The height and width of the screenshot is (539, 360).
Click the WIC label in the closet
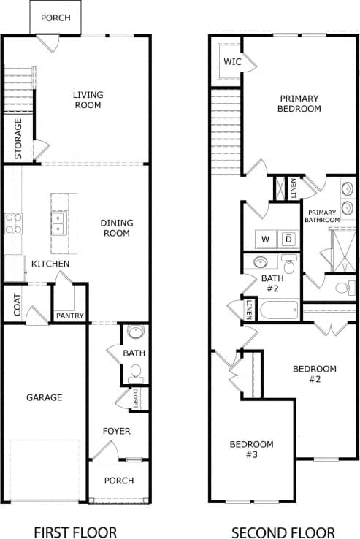(x=232, y=62)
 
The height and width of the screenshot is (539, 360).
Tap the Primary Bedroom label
(x=299, y=103)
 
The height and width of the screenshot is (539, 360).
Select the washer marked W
(x=265, y=240)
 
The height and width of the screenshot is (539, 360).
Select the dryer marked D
(x=288, y=240)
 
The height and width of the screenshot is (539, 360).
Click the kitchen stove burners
(x=13, y=223)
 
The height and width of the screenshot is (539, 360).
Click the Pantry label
(x=70, y=316)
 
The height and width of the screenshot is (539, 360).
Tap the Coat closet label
(x=16, y=305)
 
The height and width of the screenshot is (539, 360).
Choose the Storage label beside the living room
(x=18, y=139)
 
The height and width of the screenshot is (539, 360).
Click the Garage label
(x=45, y=397)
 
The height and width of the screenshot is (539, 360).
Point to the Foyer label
(x=116, y=431)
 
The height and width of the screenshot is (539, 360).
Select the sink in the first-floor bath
(x=135, y=333)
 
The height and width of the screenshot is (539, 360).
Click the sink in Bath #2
(x=260, y=263)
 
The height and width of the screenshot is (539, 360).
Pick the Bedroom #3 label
(x=251, y=449)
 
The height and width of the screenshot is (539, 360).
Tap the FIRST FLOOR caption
(x=74, y=532)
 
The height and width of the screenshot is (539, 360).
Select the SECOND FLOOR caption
(x=283, y=532)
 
